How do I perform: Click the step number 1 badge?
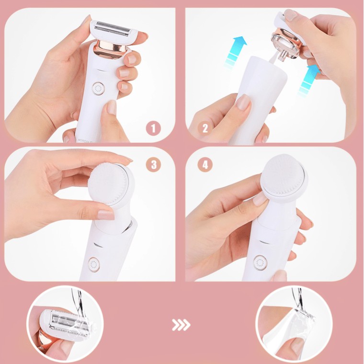(153, 129)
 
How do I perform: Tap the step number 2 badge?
(205, 129)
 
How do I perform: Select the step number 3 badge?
(153, 165)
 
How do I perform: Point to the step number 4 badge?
(205, 165)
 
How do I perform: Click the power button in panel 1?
(98, 89)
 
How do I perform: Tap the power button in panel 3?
(94, 264)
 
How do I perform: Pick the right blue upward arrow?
(309, 80)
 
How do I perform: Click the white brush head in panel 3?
(109, 184)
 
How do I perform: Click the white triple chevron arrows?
(181, 325)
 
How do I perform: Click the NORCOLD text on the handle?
(85, 140)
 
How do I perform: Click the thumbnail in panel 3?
(106, 215)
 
